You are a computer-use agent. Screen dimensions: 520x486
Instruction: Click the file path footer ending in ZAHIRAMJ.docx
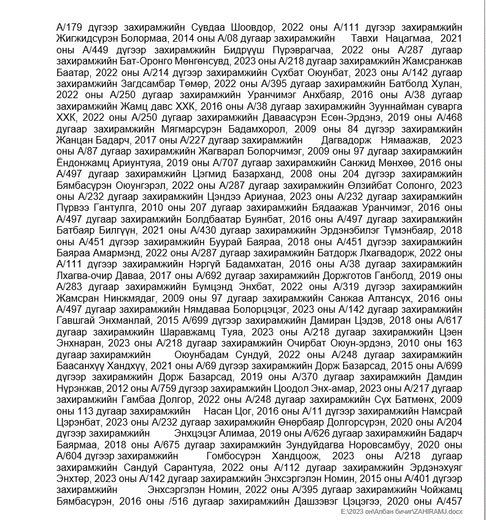pyautogui.click(x=404, y=511)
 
